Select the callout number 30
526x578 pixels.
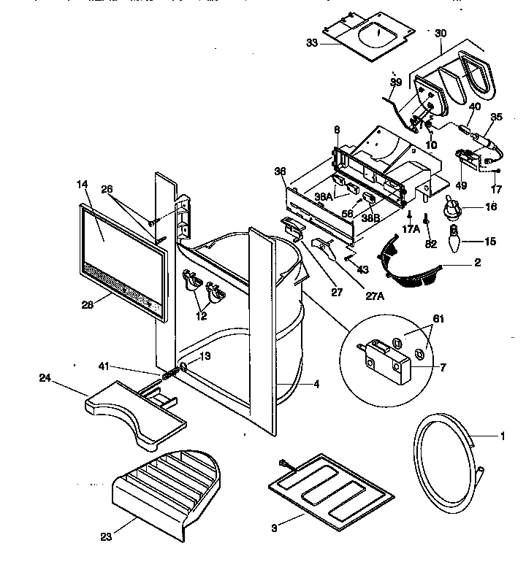pyautogui.click(x=440, y=34)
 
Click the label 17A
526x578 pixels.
pyautogui.click(x=411, y=228)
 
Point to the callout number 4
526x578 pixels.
pyautogui.click(x=316, y=384)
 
